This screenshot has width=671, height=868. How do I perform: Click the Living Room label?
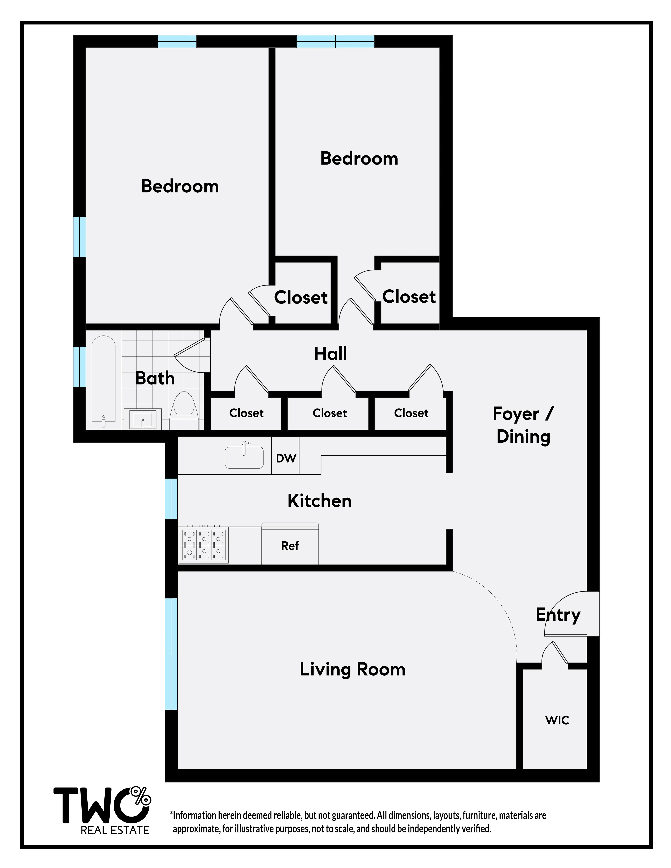point(352,669)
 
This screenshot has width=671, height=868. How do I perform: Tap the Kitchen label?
point(320,501)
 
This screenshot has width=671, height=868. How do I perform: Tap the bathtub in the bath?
point(103,379)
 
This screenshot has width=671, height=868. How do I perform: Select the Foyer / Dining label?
point(523,425)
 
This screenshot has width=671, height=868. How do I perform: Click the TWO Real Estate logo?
point(103,810)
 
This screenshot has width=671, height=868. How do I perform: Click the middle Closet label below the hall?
point(330,413)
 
